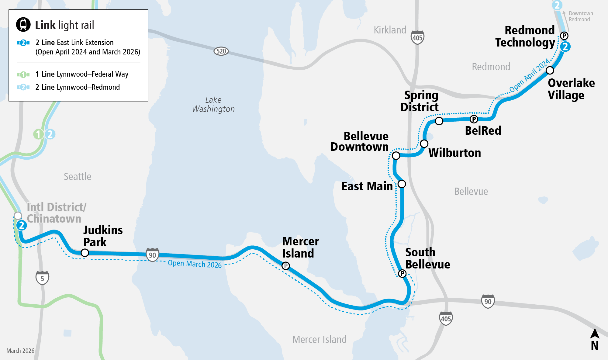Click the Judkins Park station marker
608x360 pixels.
(85, 253)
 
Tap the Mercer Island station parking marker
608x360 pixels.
(285, 266)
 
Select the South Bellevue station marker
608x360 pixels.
(402, 274)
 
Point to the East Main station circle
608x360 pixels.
(402, 184)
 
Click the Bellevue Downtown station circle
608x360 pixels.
(396, 156)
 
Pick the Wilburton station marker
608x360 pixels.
(424, 144)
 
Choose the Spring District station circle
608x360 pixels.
(439, 121)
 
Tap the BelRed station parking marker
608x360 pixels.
(474, 119)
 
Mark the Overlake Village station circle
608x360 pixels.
(550, 70)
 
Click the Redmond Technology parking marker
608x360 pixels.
(564, 36)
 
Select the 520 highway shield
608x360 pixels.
(221, 51)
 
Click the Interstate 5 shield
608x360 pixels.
(42, 278)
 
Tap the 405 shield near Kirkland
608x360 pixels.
(417, 37)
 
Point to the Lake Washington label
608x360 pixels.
(213, 104)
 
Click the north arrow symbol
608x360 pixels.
(595, 334)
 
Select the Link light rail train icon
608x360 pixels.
(23, 25)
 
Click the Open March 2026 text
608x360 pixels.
(195, 264)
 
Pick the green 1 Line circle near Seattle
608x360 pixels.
(38, 134)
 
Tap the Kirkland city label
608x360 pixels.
(390, 30)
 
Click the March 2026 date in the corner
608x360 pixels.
(20, 351)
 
